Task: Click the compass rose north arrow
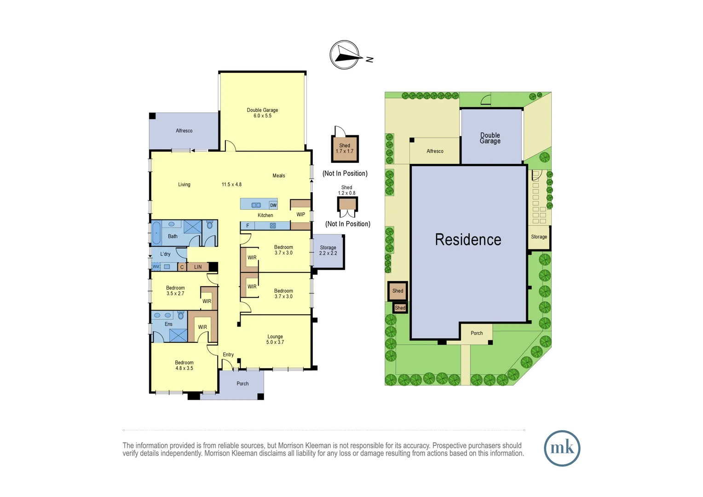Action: pos(345,56)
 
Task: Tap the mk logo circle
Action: pos(562,448)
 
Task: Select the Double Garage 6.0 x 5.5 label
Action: pos(262,113)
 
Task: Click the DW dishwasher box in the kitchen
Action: pos(273,205)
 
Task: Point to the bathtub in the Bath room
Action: pos(156,233)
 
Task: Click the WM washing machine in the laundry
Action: pos(156,266)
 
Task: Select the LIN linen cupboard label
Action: pos(198,267)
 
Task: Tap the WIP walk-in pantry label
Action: pos(300,214)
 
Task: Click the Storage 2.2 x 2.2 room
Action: pos(328,251)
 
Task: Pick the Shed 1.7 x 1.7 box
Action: pos(345,149)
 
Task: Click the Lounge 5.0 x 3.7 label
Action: pos(275,339)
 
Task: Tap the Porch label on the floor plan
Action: pos(242,383)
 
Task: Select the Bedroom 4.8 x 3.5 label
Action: pos(184,365)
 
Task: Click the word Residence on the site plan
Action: pos(468,240)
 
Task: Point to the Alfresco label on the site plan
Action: pos(435,151)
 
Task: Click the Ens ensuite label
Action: pos(169,324)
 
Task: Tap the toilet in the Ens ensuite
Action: pos(181,315)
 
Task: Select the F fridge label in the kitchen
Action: pos(248,225)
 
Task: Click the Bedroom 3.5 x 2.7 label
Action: pos(175,290)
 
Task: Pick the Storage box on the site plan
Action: pos(539,237)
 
